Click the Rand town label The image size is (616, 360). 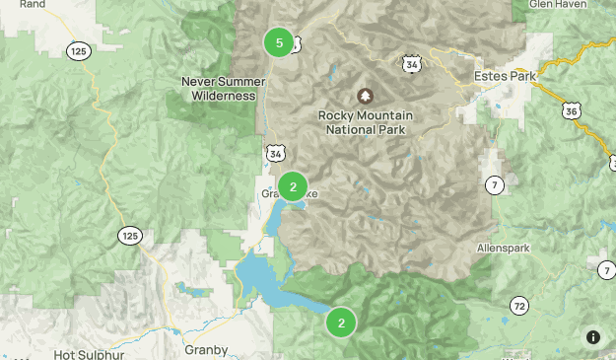click(33, 4)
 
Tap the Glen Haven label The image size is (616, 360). click(558, 4)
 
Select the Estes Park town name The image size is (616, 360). click(503, 75)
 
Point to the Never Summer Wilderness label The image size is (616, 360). click(220, 89)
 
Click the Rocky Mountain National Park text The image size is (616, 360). click(366, 122)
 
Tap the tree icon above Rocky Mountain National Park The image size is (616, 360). click(366, 96)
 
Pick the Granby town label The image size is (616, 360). click(206, 349)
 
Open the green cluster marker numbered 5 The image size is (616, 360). click(279, 42)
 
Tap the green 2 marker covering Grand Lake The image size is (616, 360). click(293, 186)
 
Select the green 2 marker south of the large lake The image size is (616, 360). click(341, 323)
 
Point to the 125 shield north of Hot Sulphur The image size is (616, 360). click(129, 235)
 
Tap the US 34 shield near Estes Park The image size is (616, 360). click(411, 64)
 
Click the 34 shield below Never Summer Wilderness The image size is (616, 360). click(275, 153)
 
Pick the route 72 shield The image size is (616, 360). click(518, 305)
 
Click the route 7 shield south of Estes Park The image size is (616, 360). click(494, 184)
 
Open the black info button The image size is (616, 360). click(592, 337)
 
